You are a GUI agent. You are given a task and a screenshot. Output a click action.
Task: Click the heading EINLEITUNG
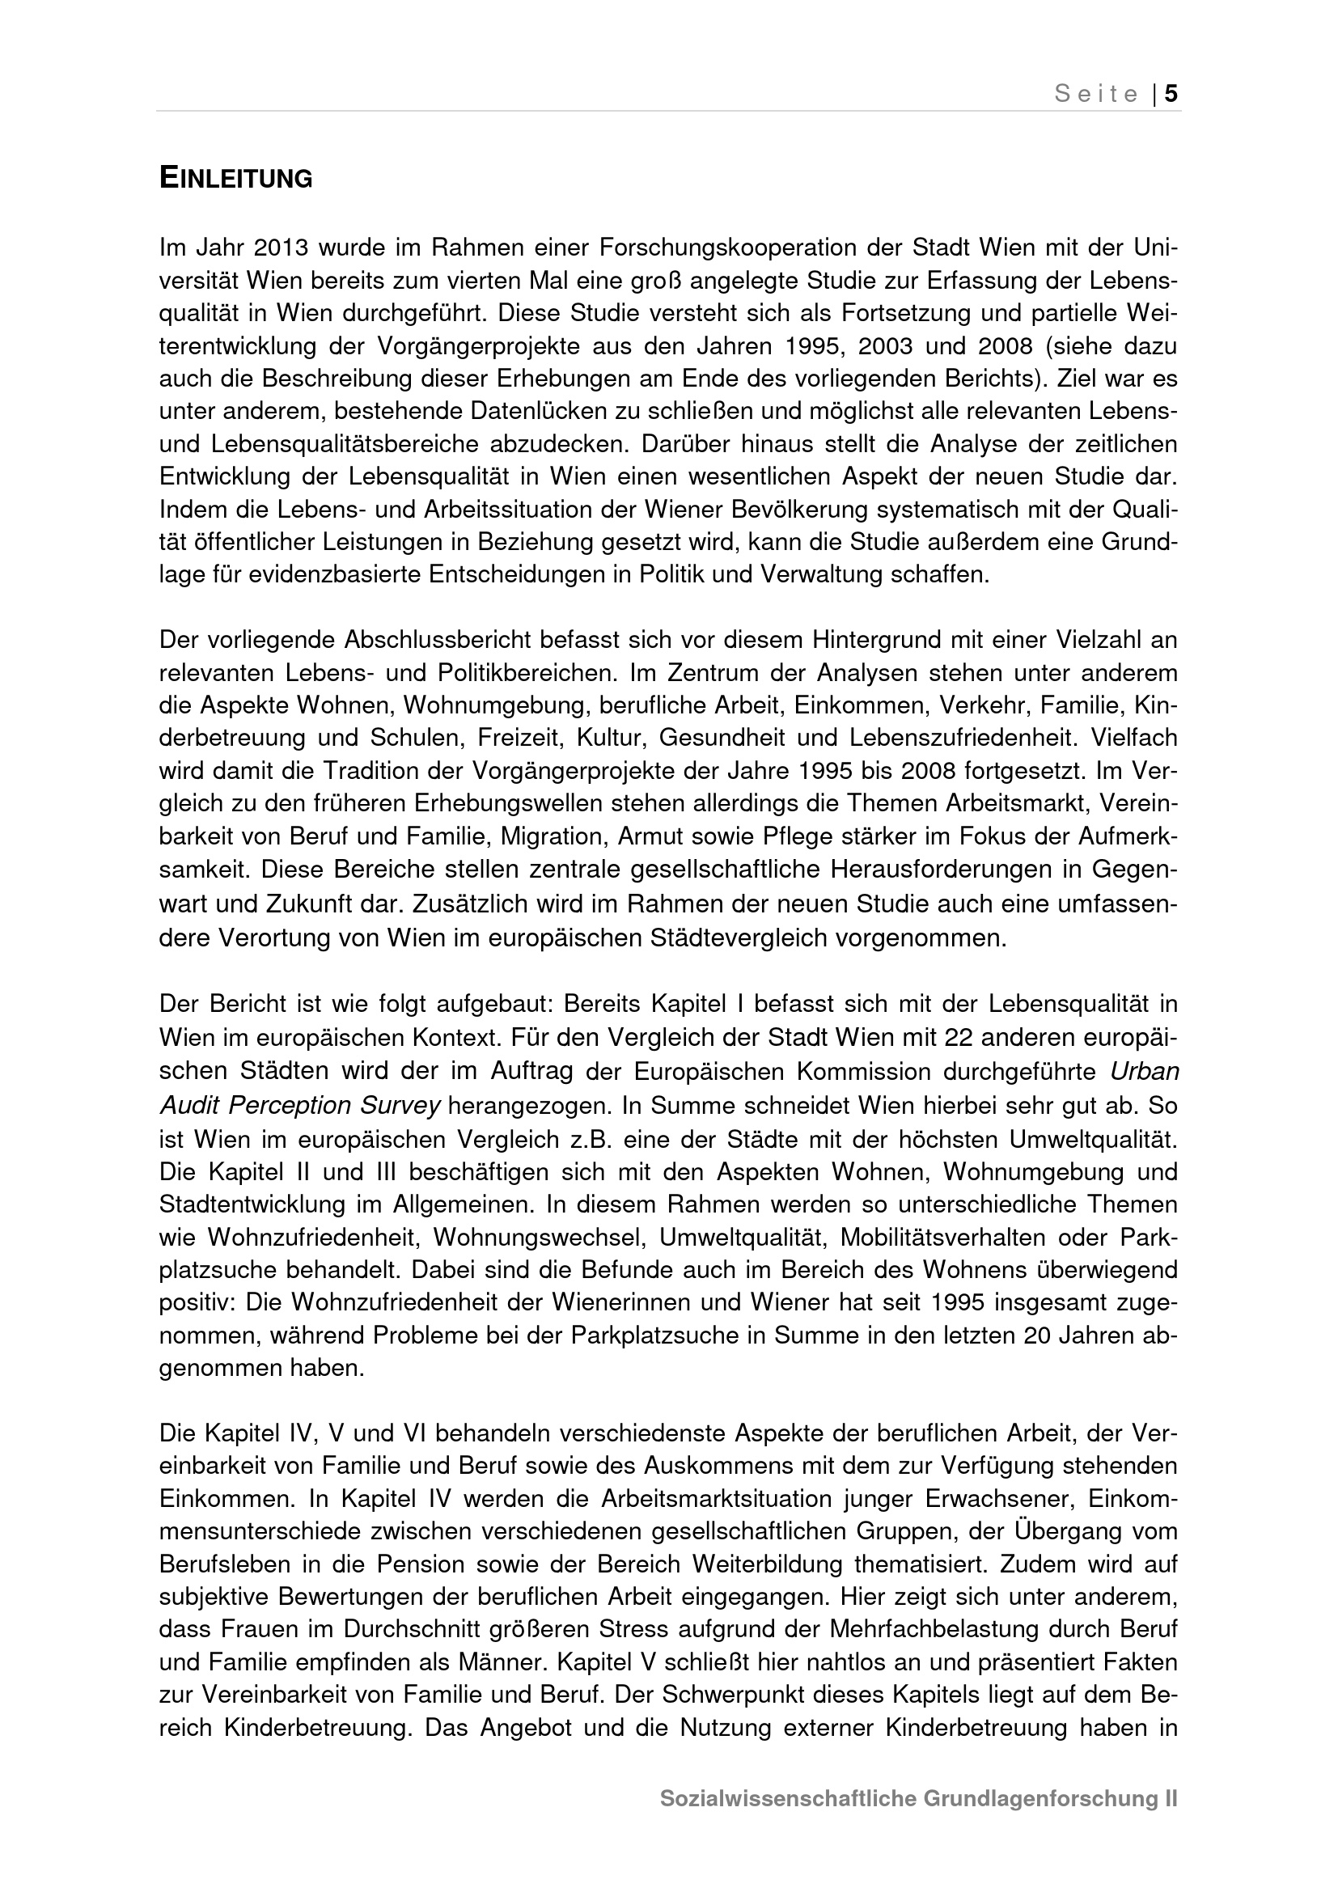pos(235,178)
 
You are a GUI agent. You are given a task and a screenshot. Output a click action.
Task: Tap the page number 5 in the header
pos(1171,94)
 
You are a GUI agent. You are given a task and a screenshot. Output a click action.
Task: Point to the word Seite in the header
pos(1097,95)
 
